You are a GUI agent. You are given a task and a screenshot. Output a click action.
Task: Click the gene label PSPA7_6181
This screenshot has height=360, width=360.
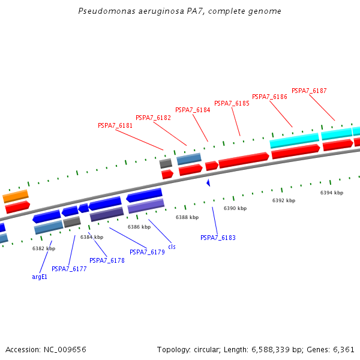(115, 126)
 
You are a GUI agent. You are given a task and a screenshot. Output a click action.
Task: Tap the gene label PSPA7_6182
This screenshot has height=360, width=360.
(153, 118)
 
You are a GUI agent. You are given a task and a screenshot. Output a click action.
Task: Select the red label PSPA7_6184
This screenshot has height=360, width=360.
(193, 110)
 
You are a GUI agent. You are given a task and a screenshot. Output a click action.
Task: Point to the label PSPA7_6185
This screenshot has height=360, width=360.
(232, 104)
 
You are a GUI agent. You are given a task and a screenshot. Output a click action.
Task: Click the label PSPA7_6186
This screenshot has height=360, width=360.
(269, 97)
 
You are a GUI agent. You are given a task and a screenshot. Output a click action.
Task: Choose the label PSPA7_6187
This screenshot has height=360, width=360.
(309, 91)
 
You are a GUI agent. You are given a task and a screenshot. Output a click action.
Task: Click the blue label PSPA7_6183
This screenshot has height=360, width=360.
(218, 238)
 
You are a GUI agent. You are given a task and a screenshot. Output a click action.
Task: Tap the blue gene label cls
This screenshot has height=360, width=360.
(172, 247)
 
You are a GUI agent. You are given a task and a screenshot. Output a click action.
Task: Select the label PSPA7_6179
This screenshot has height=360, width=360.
(147, 253)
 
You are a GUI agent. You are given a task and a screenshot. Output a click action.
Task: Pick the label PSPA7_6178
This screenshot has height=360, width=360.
(107, 261)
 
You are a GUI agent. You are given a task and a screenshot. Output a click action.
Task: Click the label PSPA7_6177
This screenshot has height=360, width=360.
(69, 269)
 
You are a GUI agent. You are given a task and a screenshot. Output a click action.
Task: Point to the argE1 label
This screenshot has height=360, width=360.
(39, 277)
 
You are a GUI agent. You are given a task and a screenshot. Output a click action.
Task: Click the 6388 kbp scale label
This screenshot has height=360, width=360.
(187, 218)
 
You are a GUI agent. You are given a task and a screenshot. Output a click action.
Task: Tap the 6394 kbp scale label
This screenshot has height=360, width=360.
(332, 193)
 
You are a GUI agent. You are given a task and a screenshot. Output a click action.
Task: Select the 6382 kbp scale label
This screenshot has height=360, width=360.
(44, 248)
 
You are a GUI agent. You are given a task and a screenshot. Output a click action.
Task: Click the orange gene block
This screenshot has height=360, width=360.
(16, 196)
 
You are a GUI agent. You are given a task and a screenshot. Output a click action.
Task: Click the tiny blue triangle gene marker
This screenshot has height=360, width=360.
(208, 182)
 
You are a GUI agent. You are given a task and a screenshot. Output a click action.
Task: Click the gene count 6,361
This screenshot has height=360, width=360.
(343, 349)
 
